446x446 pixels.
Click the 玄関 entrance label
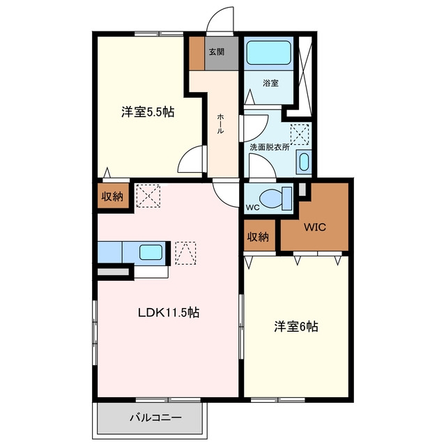point(217,52)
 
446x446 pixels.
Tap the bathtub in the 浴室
point(268,53)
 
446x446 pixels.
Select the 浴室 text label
point(270,84)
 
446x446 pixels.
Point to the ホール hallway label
point(220,123)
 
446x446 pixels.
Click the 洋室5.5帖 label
point(148,111)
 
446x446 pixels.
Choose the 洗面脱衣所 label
point(270,147)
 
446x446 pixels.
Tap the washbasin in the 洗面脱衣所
point(304,162)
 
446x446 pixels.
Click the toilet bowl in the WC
point(272,198)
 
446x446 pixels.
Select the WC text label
point(252,208)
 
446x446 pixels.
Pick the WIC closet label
point(315,227)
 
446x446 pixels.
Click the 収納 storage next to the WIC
point(258,237)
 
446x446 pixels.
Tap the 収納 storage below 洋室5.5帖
point(113,196)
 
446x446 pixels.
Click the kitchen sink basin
point(151,252)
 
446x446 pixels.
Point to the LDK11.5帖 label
point(169,313)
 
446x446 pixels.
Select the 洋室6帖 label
point(296,327)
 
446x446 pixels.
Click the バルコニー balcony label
point(155,417)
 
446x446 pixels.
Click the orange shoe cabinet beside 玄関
point(197,53)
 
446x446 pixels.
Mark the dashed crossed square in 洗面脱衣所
point(300,134)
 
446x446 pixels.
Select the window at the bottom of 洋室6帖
point(278,399)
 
